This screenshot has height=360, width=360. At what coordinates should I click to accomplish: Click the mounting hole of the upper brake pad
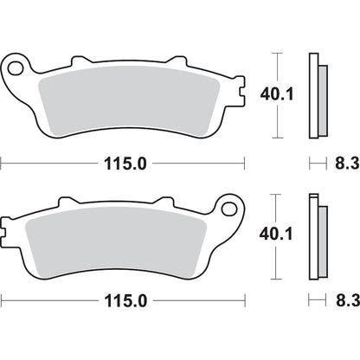[x=15, y=67]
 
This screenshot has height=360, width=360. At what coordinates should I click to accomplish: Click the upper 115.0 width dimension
[x=122, y=162]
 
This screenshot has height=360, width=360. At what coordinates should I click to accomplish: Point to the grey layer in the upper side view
[x=321, y=100]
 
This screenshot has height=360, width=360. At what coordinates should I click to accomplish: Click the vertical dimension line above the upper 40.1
[x=277, y=67]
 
